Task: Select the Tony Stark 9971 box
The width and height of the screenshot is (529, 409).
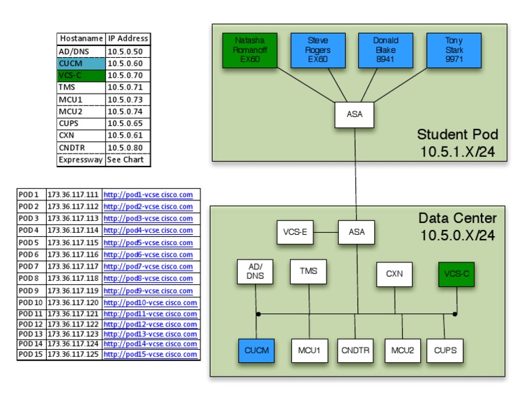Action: click(454, 50)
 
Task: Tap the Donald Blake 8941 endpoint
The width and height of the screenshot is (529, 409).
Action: click(386, 50)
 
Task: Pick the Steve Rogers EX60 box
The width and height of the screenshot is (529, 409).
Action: click(318, 50)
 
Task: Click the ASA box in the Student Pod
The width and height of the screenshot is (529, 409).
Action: click(354, 114)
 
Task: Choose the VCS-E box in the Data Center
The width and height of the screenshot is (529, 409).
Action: click(295, 232)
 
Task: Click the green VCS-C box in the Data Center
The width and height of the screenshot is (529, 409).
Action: click(457, 273)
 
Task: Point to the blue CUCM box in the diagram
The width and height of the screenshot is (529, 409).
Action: click(256, 350)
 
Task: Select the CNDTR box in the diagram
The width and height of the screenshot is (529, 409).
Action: click(355, 350)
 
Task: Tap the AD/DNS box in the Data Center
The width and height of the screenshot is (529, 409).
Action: click(256, 273)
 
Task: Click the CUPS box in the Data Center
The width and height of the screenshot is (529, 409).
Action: click(445, 350)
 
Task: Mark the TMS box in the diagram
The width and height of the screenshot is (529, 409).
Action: click(309, 271)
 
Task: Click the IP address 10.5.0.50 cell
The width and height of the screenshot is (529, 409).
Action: click(127, 51)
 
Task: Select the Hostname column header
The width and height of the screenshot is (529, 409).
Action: click(81, 39)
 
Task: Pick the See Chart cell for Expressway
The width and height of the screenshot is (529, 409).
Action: click(127, 160)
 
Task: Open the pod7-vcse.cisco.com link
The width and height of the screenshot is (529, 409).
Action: click(148, 266)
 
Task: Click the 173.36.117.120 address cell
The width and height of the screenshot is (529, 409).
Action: click(73, 302)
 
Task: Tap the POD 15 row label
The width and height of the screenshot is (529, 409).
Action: click(30, 355)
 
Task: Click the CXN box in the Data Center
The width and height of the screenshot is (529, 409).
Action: click(394, 273)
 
